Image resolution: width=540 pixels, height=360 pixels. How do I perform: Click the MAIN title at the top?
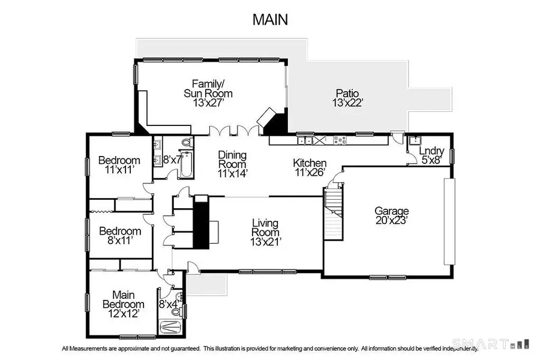click(270, 19)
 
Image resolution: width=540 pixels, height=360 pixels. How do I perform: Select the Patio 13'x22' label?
click(347, 98)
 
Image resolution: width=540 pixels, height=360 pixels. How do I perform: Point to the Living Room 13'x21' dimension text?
click(266, 242)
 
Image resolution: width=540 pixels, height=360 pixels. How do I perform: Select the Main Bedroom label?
click(128, 299)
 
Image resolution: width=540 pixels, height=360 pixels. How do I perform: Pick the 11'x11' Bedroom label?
click(119, 165)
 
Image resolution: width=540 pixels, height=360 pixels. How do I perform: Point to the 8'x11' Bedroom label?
click(120, 236)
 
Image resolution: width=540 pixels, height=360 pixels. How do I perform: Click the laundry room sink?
click(415, 142)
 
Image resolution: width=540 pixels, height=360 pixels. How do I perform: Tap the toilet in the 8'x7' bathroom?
click(187, 143)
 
